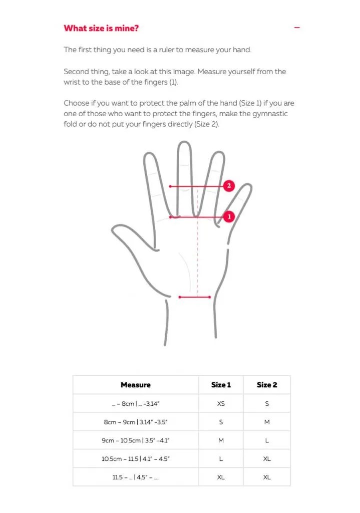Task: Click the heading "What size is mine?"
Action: click(x=101, y=28)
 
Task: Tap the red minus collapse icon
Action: click(x=297, y=28)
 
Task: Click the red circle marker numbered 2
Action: click(x=229, y=186)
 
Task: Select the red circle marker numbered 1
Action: click(x=229, y=217)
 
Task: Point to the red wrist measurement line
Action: click(x=195, y=297)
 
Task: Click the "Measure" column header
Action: click(x=135, y=385)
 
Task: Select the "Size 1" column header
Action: click(x=221, y=385)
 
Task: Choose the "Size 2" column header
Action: click(x=267, y=385)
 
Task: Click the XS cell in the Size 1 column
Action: click(x=221, y=404)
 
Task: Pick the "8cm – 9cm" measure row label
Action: click(x=135, y=422)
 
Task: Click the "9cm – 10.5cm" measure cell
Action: click(x=135, y=440)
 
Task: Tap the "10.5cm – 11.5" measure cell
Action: click(x=135, y=459)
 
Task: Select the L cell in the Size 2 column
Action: click(x=267, y=440)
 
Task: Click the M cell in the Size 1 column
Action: click(x=221, y=440)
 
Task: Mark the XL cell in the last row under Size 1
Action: click(x=221, y=477)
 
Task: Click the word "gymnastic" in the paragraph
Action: click(x=271, y=114)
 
